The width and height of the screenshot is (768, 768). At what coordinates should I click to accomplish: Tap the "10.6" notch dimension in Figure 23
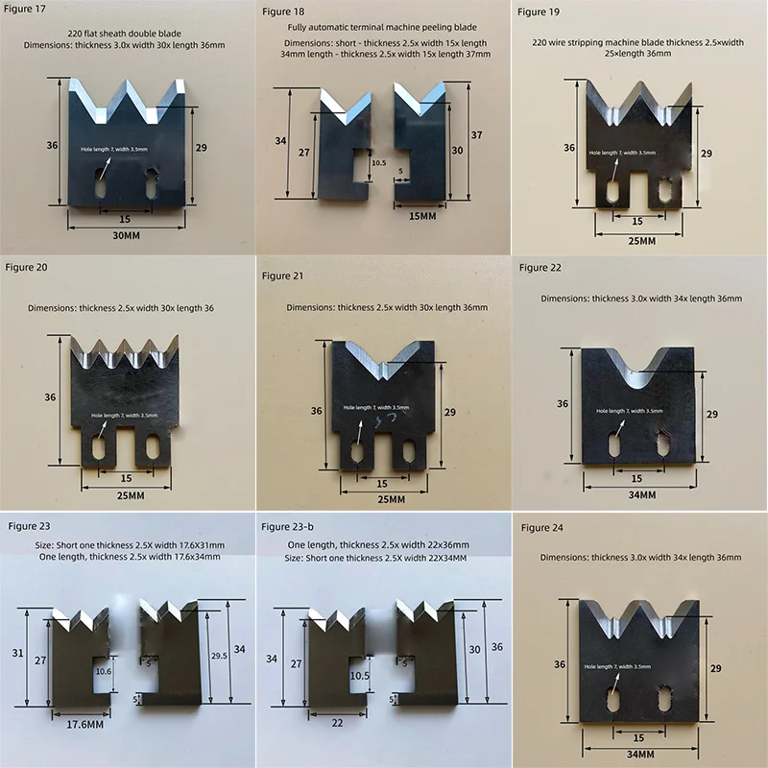104,672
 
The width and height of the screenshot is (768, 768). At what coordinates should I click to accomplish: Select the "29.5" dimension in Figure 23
218,656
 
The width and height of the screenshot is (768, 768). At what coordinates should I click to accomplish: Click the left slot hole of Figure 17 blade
99,184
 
